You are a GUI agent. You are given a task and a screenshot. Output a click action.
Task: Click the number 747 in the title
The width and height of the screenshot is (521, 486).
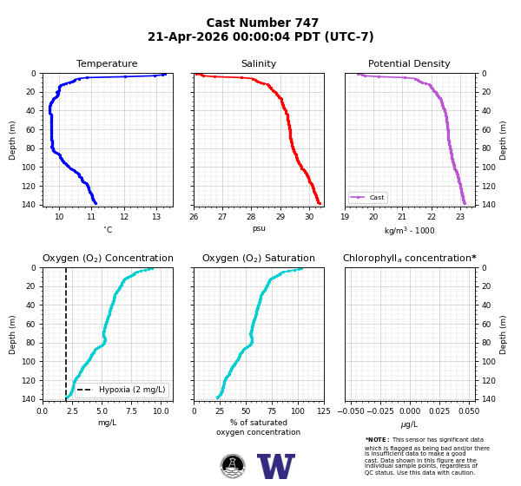305,23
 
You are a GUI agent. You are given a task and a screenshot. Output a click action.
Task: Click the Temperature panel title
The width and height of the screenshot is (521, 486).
107,63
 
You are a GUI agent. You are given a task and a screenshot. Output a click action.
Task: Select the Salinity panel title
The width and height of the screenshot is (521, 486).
259,63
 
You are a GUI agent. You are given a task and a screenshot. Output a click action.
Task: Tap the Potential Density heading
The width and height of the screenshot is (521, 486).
409,63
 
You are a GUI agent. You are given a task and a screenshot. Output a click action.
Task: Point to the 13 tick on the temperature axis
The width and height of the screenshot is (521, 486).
156,217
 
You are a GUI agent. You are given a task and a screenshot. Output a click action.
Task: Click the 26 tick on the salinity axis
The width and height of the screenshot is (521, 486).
194,217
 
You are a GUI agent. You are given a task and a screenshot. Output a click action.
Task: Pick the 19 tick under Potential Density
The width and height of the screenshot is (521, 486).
345,217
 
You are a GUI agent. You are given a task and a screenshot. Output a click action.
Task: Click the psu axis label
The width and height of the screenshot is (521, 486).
259,228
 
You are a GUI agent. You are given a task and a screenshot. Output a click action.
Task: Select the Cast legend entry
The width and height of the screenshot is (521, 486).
368,197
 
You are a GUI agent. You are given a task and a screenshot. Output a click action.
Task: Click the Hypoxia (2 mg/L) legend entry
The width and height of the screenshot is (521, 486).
122,390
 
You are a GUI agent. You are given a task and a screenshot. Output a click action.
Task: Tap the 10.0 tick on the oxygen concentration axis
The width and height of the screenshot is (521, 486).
161,410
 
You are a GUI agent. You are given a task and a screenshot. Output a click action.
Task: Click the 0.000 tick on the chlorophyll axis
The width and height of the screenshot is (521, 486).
410,410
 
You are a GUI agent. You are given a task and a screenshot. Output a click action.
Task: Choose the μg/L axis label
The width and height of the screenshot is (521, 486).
409,424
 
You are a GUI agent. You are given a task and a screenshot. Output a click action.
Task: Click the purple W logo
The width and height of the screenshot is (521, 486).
276,466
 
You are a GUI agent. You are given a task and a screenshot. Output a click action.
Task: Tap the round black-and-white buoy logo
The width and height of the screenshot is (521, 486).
233,466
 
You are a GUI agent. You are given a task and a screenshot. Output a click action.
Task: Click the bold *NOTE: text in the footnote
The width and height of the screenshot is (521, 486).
378,439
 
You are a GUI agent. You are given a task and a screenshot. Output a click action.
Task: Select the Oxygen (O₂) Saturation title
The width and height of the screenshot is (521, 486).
259,258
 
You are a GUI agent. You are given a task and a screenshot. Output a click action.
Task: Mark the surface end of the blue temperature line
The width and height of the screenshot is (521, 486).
165,74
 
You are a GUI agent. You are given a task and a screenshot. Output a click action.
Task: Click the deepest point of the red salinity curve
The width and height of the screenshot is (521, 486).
320,203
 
